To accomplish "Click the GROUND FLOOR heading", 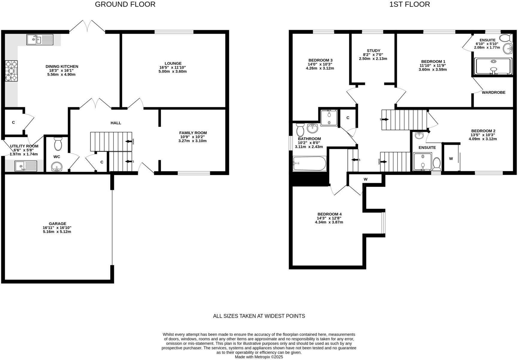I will [x=125, y=4].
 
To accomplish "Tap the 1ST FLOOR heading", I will [x=409, y=4].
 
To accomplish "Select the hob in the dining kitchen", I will [x=11, y=71].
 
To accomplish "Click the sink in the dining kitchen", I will [x=40, y=40].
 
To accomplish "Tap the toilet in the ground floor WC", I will [x=58, y=144].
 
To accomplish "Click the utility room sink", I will [x=26, y=166].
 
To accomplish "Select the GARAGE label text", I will [x=58, y=223].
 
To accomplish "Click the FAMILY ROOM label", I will [x=193, y=133].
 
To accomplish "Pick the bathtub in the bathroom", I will [x=309, y=163].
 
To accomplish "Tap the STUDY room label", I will [x=373, y=51].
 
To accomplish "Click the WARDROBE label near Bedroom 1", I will [x=493, y=92].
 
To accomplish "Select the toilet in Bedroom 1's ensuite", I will [x=506, y=38].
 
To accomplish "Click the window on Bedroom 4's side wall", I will [x=383, y=223].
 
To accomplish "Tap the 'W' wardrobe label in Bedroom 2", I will [x=451, y=159].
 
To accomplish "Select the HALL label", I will [x=116, y=123].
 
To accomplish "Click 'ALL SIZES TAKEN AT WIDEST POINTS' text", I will [x=259, y=316].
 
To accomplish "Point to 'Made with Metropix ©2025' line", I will [x=259, y=357].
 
